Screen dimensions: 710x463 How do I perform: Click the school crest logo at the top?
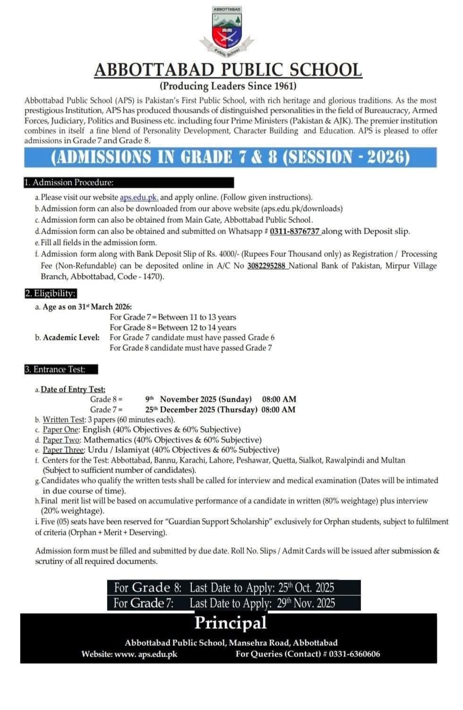(x=228, y=29)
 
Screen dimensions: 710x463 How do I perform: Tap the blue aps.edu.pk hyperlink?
(x=139, y=197)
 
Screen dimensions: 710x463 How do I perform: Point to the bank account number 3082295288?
(x=266, y=266)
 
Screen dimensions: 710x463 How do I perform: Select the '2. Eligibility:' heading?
(x=50, y=294)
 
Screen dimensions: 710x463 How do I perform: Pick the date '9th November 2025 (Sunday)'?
(x=198, y=399)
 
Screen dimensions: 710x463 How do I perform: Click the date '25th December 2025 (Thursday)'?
(x=201, y=410)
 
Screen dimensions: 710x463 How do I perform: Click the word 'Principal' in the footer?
(x=231, y=623)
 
